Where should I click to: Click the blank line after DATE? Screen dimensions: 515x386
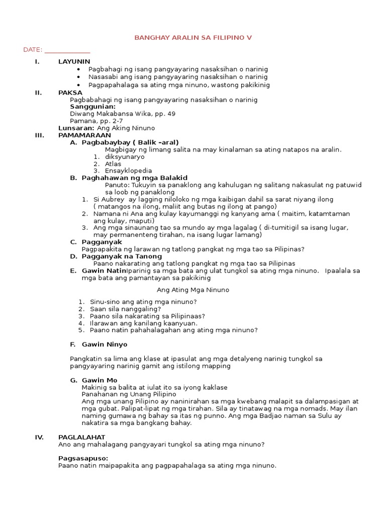tap(67, 50)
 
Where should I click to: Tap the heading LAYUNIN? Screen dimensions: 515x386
tap(74, 61)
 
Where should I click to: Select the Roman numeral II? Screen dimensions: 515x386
tap(38, 93)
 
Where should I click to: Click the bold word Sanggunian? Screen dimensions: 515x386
tap(93, 107)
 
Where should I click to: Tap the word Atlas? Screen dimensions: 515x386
tap(113, 163)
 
